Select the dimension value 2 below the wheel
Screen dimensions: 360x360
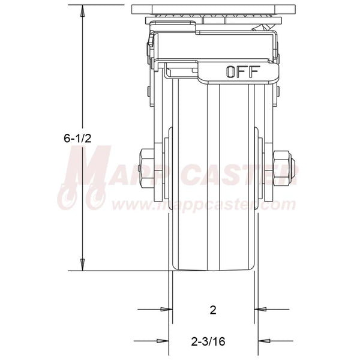click(x=212, y=310)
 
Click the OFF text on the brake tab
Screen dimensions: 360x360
click(x=242, y=72)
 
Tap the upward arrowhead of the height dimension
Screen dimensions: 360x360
click(x=82, y=9)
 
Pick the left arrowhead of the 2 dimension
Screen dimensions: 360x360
click(x=164, y=310)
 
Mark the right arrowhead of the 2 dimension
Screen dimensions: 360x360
click(x=260, y=310)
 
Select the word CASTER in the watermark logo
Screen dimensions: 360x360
click(x=240, y=176)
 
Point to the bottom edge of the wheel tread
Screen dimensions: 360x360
click(x=212, y=270)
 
